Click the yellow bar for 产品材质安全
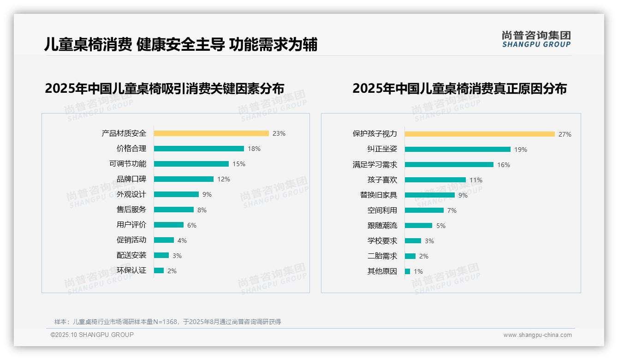click(x=211, y=133)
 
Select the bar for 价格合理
click(x=199, y=149)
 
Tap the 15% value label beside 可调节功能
click(x=239, y=164)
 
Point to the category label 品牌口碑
click(x=131, y=179)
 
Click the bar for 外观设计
click(x=176, y=194)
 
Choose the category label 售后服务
click(x=131, y=210)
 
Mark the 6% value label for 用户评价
click(x=192, y=225)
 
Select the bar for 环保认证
click(x=159, y=270)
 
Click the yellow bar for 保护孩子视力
click(x=480, y=134)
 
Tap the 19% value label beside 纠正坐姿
click(x=521, y=150)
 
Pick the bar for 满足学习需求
click(x=449, y=165)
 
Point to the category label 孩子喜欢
click(x=382, y=180)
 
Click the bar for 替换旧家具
click(x=429, y=195)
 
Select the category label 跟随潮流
click(x=382, y=226)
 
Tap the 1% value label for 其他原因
click(x=418, y=271)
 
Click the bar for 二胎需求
click(x=410, y=256)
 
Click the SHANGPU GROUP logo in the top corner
click(x=536, y=39)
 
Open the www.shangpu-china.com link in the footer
click(x=537, y=335)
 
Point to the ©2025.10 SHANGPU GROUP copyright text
click(x=92, y=335)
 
